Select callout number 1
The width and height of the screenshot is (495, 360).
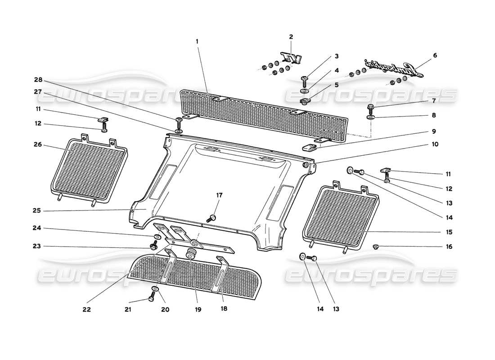pyautogui.click(x=197, y=41)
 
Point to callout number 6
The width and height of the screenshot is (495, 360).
pyautogui.click(x=435, y=55)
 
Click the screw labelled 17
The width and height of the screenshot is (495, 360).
pyautogui.click(x=211, y=218)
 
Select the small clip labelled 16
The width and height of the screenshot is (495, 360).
pyautogui.click(x=376, y=246)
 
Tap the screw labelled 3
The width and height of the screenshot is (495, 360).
pyautogui.click(x=305, y=79)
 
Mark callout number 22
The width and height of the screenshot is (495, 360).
pyautogui.click(x=86, y=310)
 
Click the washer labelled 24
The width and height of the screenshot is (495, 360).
pyautogui.click(x=157, y=237)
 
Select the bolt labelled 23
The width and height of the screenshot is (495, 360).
pyautogui.click(x=153, y=245)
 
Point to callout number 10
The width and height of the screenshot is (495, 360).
pyautogui.click(x=435, y=144)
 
